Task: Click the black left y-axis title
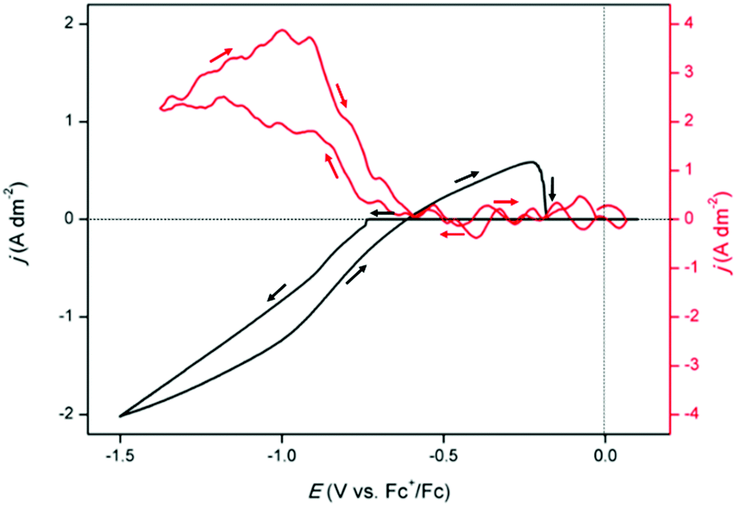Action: pyautogui.click(x=21, y=219)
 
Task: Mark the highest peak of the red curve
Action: pyautogui.click(x=283, y=30)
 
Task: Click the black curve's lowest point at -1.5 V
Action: pyautogui.click(x=120, y=416)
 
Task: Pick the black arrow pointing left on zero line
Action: pyautogui.click(x=382, y=213)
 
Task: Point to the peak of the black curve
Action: pyautogui.click(x=531, y=161)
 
